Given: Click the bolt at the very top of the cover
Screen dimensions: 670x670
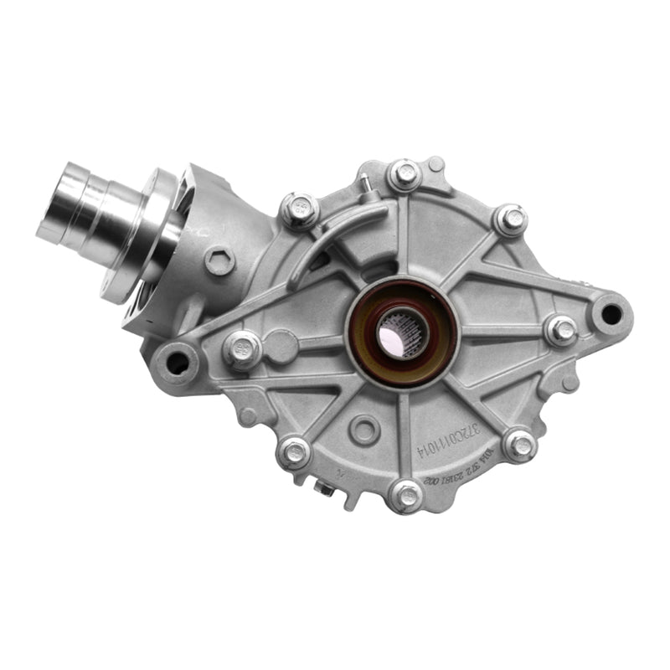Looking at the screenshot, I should [405, 175].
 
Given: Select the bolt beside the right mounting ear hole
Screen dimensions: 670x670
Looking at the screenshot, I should [561, 330].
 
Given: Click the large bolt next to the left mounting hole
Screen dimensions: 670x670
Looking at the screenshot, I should [242, 348].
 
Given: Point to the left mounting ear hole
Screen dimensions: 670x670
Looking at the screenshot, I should [178, 362].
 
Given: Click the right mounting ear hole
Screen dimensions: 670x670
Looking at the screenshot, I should [611, 315].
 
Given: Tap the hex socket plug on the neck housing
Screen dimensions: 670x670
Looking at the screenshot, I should [219, 262].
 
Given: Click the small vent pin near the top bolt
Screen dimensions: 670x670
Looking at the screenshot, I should [365, 183].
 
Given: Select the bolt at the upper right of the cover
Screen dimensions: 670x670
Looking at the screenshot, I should [511, 220].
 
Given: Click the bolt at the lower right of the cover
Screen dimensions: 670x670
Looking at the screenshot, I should [519, 444].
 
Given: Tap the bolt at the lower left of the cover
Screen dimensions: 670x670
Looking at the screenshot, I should [294, 453].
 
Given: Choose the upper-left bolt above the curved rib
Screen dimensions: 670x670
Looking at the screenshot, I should [299, 210].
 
